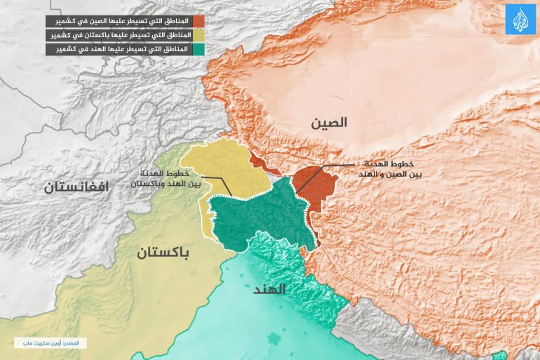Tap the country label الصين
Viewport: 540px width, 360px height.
point(330,123)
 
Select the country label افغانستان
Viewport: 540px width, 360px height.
point(78,187)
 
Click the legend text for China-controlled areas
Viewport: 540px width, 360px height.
point(120,21)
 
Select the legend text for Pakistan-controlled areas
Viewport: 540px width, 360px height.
point(120,35)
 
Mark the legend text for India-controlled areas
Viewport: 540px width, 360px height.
point(120,49)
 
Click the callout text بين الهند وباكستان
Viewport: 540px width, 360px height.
point(166,183)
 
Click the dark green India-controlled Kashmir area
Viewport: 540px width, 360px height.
point(259,214)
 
